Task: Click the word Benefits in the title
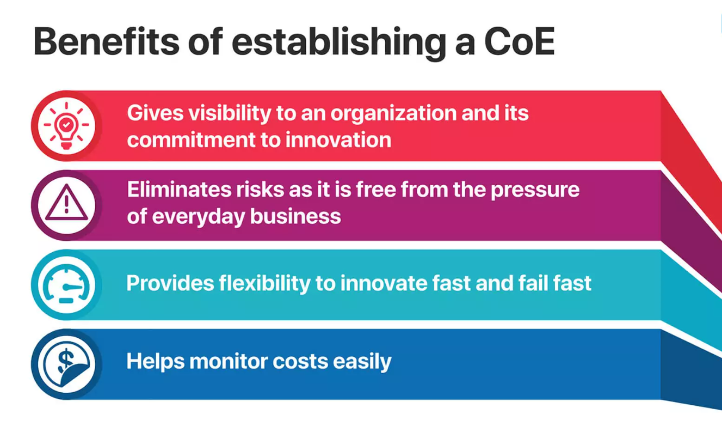106,41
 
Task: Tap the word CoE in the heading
519,41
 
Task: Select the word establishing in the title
339,44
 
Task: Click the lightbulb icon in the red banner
66,125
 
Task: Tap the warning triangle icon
66,203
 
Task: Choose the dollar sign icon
66,364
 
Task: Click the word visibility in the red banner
230,114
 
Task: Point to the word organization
393,114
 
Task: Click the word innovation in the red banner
338,140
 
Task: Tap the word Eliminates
179,190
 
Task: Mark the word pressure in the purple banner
535,191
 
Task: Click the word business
295,216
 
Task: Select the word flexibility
264,284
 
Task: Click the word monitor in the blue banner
229,361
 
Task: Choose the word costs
300,362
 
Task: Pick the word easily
362,362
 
